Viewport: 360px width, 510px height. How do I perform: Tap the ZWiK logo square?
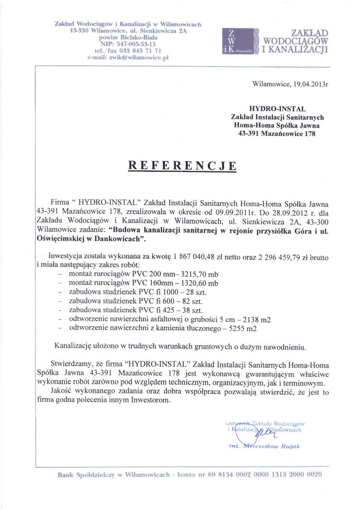240,41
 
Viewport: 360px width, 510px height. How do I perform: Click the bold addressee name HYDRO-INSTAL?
277,109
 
